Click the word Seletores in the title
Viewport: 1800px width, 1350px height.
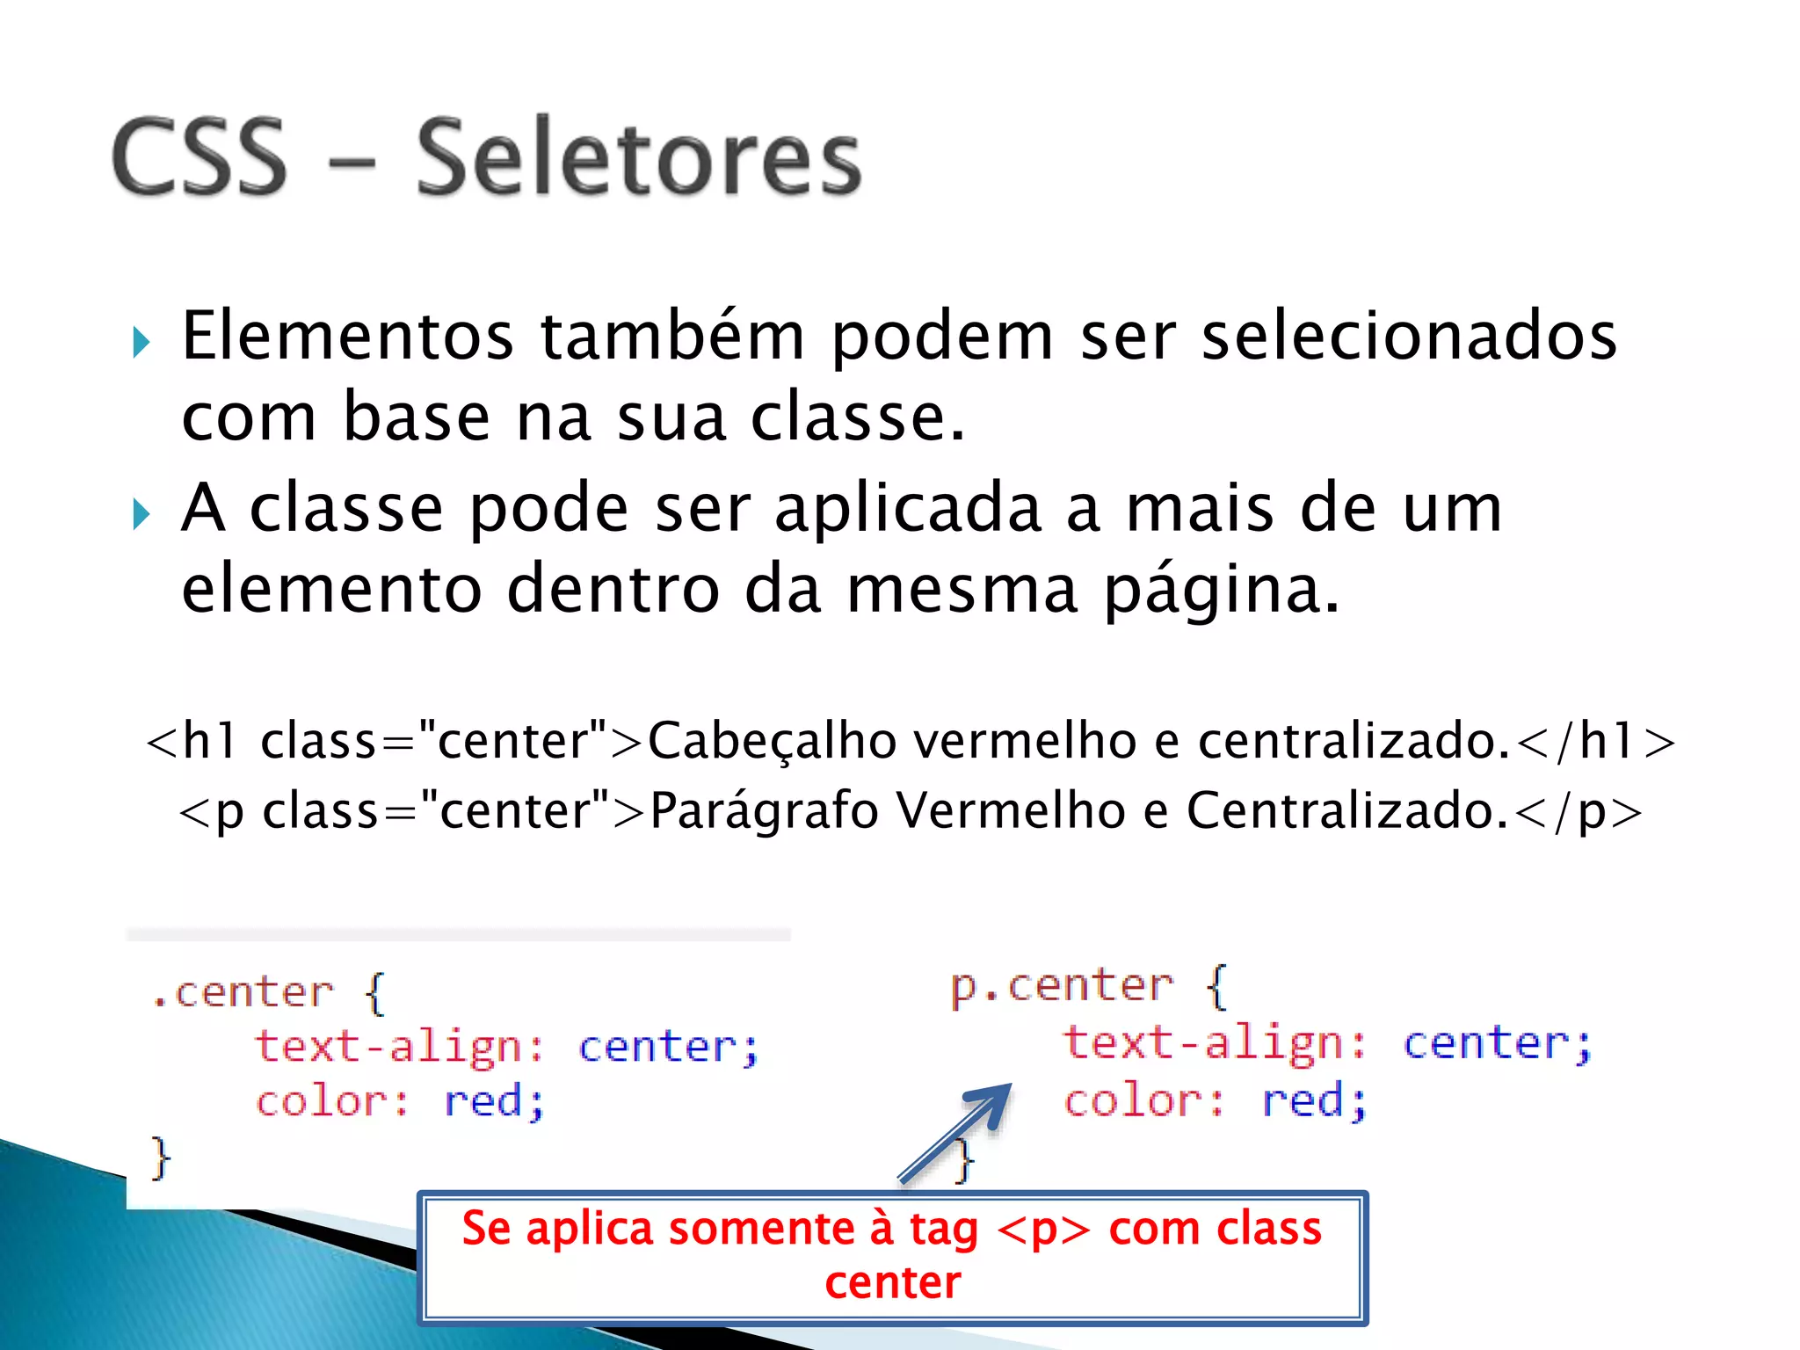click(639, 158)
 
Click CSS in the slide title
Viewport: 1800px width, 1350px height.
click(200, 158)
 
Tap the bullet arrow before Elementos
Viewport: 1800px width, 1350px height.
click(141, 342)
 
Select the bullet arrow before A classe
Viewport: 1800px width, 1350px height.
click(141, 514)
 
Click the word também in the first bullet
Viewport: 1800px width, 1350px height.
click(671, 336)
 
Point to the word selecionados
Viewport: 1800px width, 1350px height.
click(1409, 336)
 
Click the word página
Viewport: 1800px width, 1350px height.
click(1222, 591)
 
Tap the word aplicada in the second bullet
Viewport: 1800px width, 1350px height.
click(908, 510)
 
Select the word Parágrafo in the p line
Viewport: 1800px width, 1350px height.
click(763, 810)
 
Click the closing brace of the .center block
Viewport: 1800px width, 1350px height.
click(161, 1158)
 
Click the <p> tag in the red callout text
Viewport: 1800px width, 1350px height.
click(1043, 1230)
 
